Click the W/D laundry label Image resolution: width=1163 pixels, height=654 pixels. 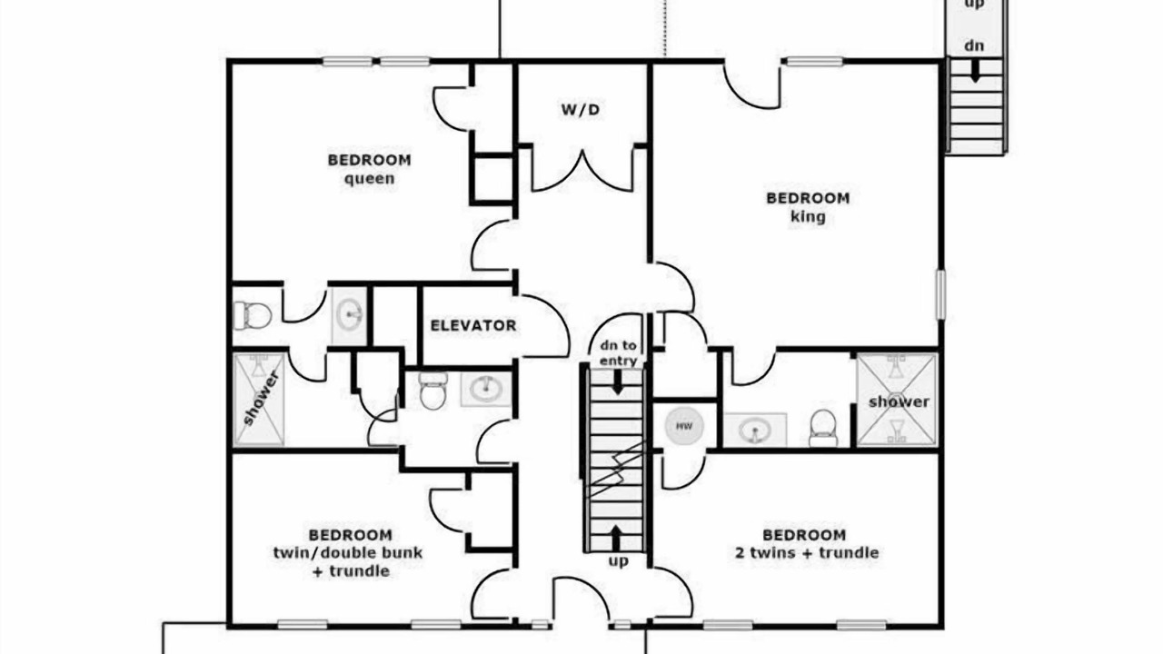(x=580, y=110)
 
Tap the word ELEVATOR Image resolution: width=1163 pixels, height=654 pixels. (x=473, y=325)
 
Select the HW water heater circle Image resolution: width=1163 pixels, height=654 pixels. (x=684, y=426)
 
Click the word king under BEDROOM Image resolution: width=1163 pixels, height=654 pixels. (x=808, y=216)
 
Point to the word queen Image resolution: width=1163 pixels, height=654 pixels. (x=369, y=179)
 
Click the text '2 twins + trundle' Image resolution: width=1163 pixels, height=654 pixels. (x=807, y=553)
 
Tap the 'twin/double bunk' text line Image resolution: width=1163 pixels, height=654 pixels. (x=348, y=553)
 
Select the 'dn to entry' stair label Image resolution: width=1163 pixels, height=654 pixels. (x=619, y=353)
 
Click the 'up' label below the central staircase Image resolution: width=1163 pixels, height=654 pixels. (x=618, y=561)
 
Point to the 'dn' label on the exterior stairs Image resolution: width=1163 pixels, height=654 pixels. (x=974, y=45)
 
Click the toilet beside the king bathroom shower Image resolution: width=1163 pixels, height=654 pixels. (x=823, y=428)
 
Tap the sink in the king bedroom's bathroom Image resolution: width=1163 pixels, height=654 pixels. (x=755, y=430)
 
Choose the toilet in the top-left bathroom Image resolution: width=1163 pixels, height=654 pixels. (x=253, y=315)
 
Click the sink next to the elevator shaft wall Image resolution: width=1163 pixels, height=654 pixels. (x=350, y=315)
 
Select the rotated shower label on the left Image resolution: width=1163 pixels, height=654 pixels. (x=261, y=398)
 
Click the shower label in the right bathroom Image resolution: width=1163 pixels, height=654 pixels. (x=899, y=401)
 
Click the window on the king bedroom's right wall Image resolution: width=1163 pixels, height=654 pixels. (x=940, y=294)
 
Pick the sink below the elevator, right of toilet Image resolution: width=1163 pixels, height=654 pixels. (x=486, y=390)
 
